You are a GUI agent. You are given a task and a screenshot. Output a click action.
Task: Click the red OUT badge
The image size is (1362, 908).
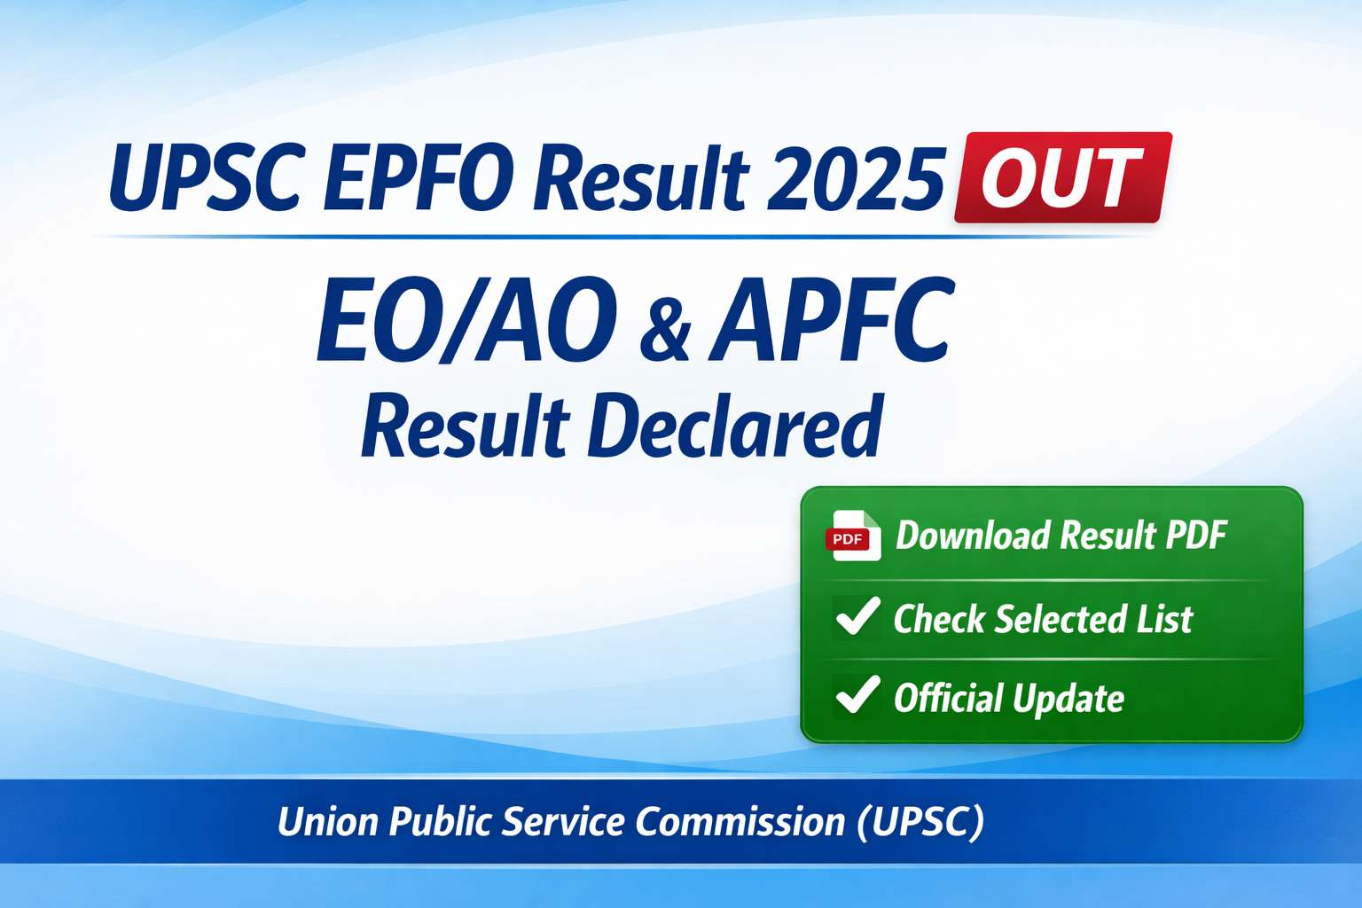click(x=1062, y=177)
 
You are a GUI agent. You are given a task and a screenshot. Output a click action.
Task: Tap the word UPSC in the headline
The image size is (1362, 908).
click(x=207, y=177)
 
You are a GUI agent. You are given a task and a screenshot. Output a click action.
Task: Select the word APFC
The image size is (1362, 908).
click(x=831, y=321)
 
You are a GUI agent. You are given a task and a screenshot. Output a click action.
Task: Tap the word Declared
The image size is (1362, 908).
click(x=735, y=427)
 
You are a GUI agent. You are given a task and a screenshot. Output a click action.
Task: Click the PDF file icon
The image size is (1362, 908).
click(x=853, y=536)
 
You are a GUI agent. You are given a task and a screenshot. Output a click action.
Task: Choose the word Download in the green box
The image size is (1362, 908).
click(x=973, y=536)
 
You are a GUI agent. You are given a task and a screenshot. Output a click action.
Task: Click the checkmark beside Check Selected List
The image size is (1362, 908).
click(x=857, y=617)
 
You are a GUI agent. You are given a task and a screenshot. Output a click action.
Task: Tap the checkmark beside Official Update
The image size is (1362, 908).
click(x=857, y=696)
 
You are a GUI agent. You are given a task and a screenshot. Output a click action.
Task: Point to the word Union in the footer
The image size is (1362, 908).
click(x=328, y=822)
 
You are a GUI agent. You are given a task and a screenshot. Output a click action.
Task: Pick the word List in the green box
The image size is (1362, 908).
click(x=1165, y=619)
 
